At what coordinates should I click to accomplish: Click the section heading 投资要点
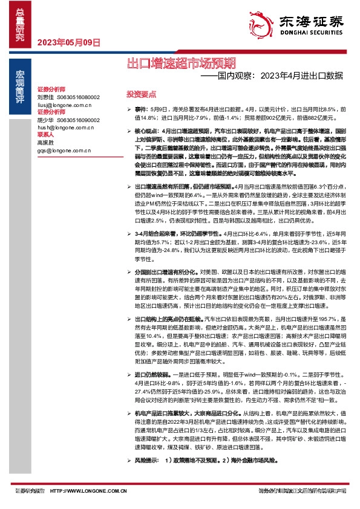point(140,95)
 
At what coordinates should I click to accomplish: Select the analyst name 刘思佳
point(45,97)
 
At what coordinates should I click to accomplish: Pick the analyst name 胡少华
point(45,119)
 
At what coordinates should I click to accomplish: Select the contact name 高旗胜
point(45,141)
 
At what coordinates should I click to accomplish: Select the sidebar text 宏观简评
point(20,82)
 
